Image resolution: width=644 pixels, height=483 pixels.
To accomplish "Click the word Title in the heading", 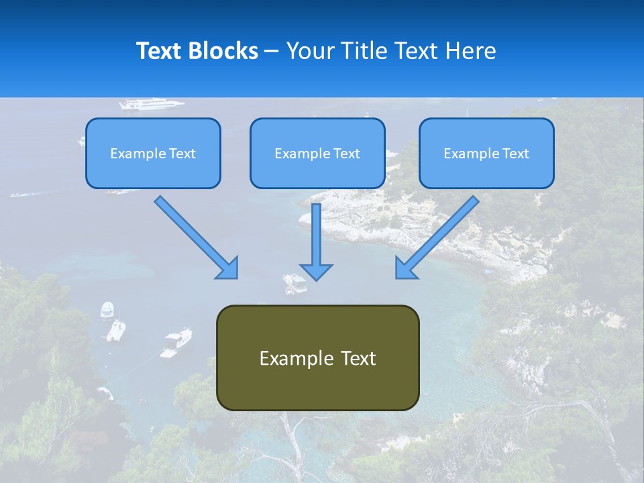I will click(363, 51).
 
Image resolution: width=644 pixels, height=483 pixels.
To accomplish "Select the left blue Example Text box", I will click(153, 154).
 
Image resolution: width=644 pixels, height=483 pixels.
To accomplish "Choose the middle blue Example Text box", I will click(317, 154).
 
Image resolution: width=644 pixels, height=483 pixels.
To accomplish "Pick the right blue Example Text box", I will click(486, 154).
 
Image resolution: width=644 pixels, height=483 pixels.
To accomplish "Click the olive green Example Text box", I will click(317, 358).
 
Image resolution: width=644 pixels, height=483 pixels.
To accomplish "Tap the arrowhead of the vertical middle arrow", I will click(316, 271).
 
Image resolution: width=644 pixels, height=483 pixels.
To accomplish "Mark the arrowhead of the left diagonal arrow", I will click(228, 268).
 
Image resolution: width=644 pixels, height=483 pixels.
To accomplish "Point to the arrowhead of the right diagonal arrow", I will click(405, 268).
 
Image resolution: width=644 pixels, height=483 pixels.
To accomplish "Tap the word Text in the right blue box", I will click(515, 154).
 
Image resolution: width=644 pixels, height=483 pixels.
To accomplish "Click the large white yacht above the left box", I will click(151, 104).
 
